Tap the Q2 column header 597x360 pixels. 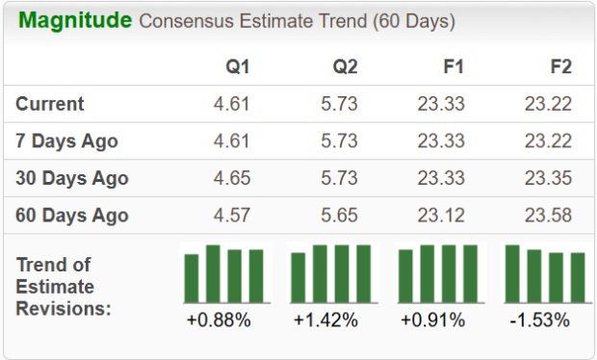click(x=344, y=68)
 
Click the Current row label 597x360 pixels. click(x=50, y=104)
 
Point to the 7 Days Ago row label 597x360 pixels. click(x=66, y=141)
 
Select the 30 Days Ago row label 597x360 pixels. click(x=72, y=178)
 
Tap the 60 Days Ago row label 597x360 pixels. click(x=72, y=215)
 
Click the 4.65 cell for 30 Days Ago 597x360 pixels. click(x=231, y=178)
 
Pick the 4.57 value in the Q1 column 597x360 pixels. click(x=231, y=215)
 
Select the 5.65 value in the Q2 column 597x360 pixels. click(x=339, y=215)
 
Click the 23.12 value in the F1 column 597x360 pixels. click(x=441, y=215)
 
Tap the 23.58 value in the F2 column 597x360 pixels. click(x=548, y=215)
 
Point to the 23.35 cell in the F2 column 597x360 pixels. click(x=548, y=178)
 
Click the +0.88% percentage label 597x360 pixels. click(x=219, y=320)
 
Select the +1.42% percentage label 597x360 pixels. click(x=325, y=320)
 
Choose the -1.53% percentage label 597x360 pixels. click(x=540, y=320)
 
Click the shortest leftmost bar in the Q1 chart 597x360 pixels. click(x=192, y=279)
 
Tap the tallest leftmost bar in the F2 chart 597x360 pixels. click(x=512, y=274)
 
